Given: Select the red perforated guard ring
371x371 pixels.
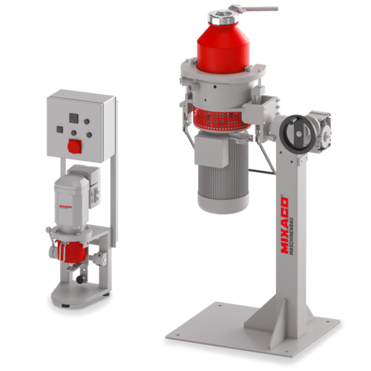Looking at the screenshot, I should (223, 117).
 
